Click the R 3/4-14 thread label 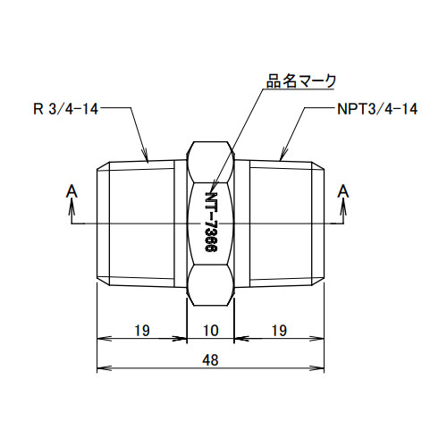pyautogui.click(x=64, y=109)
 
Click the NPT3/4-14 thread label pyautogui.click(x=378, y=109)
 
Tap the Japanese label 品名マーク pyautogui.click(x=301, y=80)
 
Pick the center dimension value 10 pyautogui.click(x=211, y=331)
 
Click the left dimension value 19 pyautogui.click(x=141, y=331)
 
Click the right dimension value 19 pyautogui.click(x=278, y=331)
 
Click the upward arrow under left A pyautogui.click(x=72, y=207)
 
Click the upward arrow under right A pyautogui.click(x=342, y=207)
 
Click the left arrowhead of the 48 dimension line pyautogui.click(x=101, y=367)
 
